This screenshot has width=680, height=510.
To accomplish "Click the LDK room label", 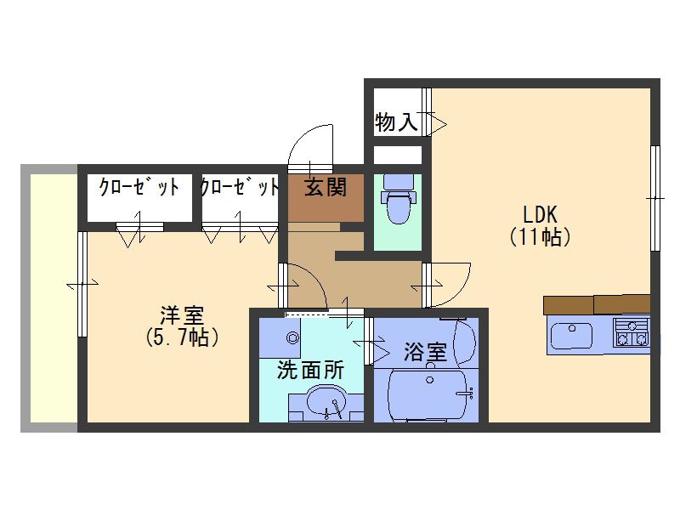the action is coord(540,214).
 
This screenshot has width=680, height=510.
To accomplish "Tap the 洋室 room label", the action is coord(182,315).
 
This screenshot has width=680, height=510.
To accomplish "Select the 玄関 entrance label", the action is coord(326,187).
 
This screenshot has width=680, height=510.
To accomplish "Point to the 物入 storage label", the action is coord(396,122).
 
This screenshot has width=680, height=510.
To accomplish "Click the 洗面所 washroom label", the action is coord(310,370).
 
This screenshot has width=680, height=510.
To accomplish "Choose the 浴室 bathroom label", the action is coord(425,352).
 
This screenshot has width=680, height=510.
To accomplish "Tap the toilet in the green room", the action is coord(398,199).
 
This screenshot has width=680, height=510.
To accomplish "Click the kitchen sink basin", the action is coord(571,335).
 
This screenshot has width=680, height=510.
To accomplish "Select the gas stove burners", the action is coord(632,331).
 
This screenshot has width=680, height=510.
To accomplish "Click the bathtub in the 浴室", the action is coord(428,394).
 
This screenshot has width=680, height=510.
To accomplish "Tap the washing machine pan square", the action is coord(280,337).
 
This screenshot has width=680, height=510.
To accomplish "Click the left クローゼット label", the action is coord(139,187).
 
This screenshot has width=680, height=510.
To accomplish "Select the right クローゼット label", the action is coord(240,187).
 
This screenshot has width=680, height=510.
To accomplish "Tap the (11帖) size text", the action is coord(540,237).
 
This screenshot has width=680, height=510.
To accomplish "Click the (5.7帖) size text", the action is coord(182,337).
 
